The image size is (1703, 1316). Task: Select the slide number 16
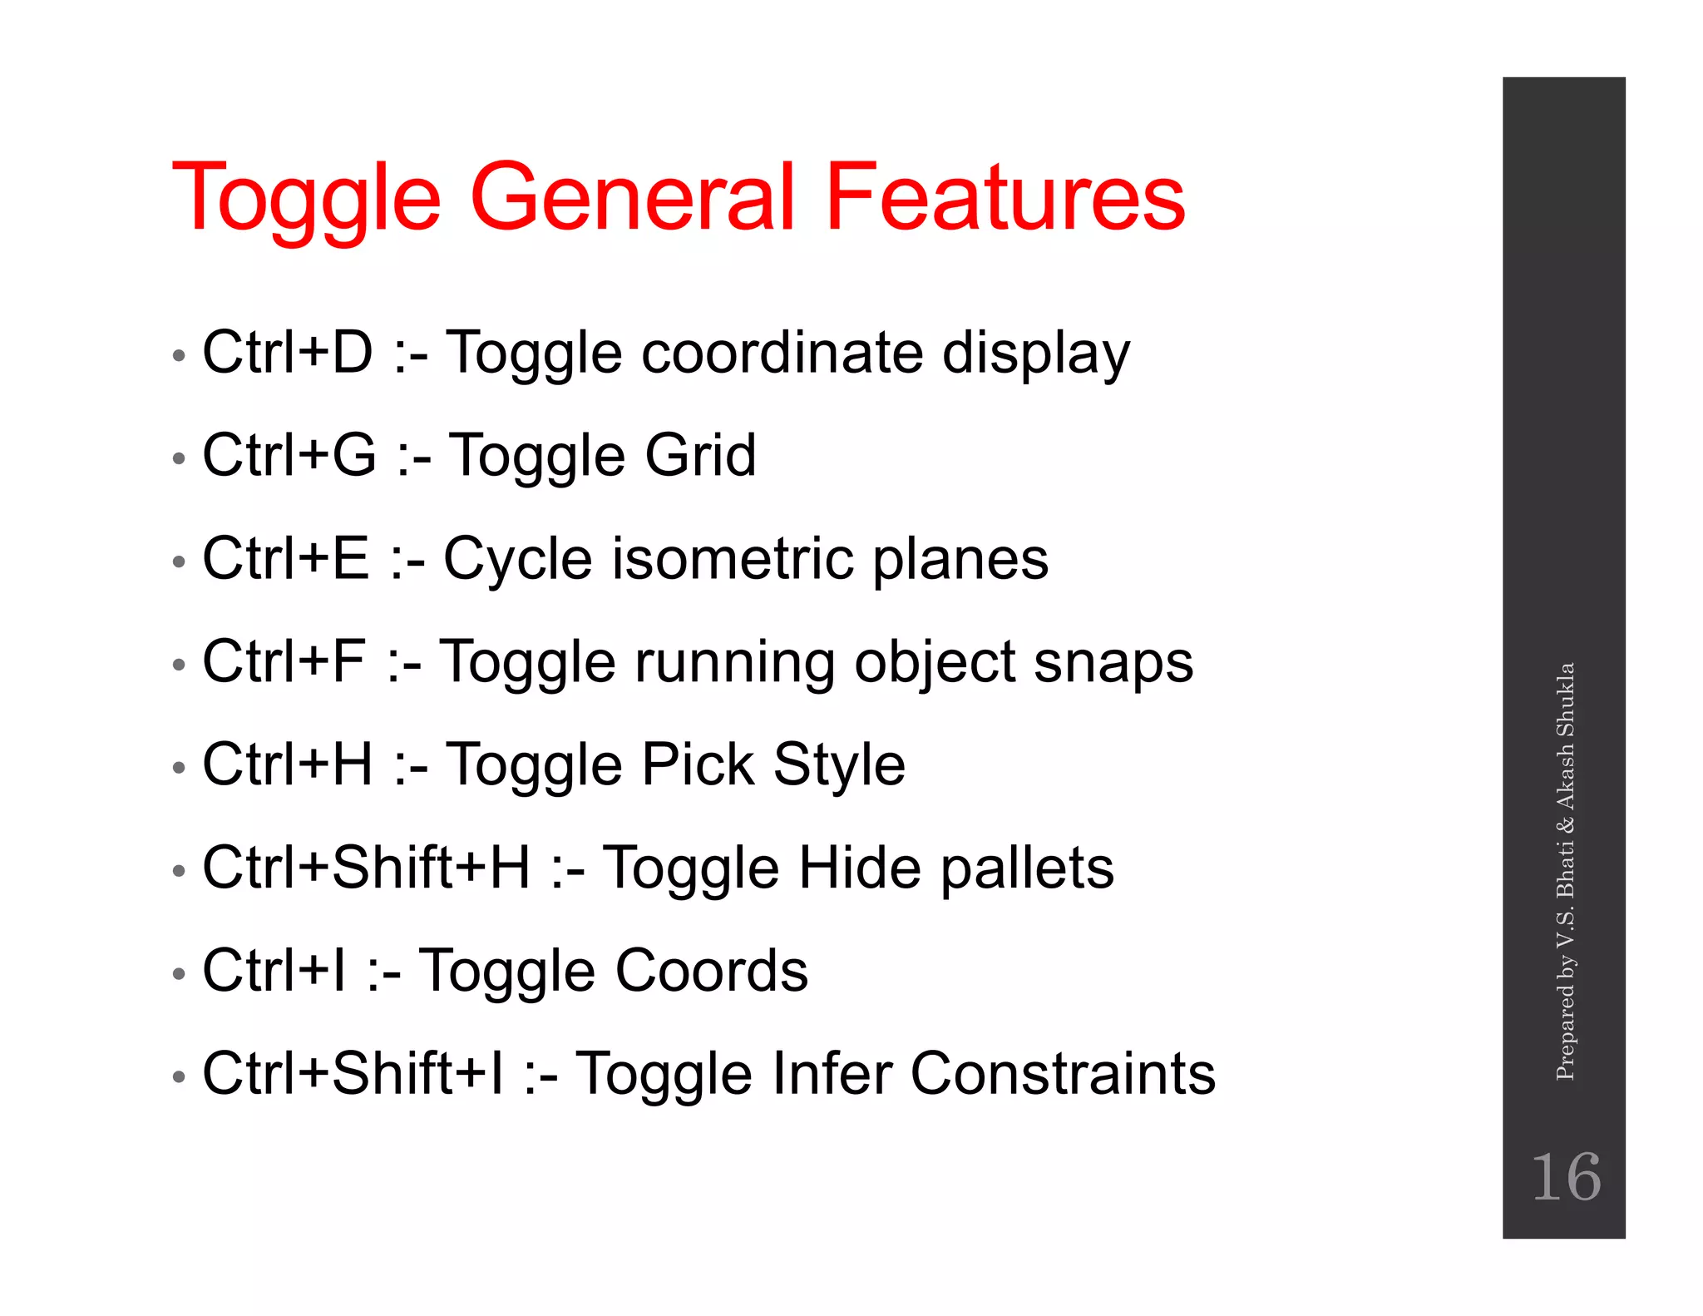click(x=1565, y=1177)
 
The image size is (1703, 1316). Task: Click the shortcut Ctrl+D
click(x=288, y=352)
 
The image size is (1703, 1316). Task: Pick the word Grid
click(x=700, y=455)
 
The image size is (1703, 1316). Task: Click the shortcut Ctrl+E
click(x=285, y=558)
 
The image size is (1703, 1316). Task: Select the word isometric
click(x=733, y=558)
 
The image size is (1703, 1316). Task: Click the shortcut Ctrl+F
click(x=284, y=662)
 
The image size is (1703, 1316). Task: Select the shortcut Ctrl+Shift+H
click(x=366, y=868)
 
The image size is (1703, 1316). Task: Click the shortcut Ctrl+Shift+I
click(x=353, y=1074)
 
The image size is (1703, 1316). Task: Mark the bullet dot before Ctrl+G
click(x=178, y=458)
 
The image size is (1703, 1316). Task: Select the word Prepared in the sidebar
click(x=1565, y=1032)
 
